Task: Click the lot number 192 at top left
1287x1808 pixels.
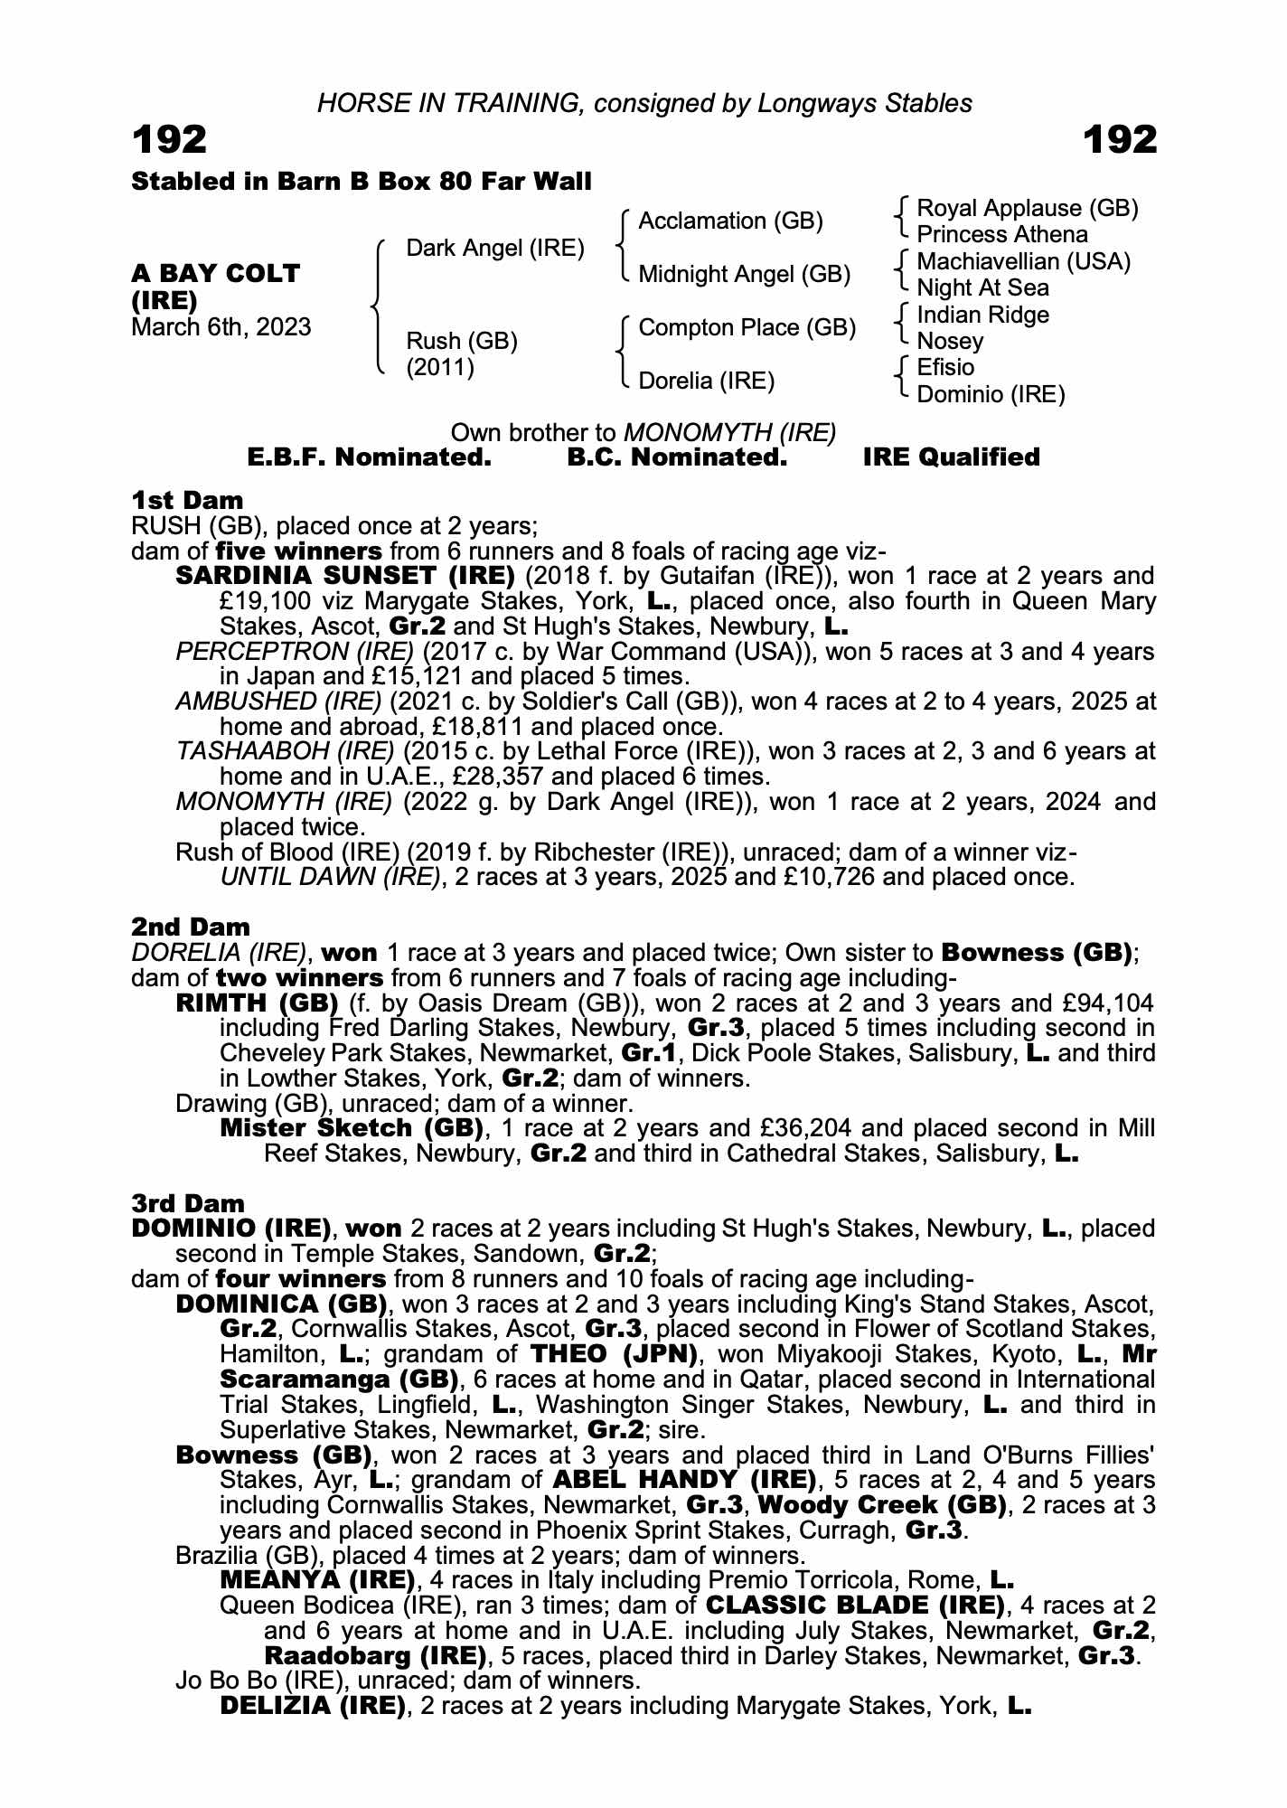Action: (170, 140)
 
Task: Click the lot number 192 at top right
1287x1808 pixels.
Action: (1119, 140)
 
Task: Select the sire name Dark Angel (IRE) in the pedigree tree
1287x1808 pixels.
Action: (494, 248)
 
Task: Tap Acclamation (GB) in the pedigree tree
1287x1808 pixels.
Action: (730, 221)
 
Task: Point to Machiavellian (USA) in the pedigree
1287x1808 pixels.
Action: (1023, 262)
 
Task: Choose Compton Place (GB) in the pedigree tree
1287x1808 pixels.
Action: (747, 327)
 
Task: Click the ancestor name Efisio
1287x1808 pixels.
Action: (945, 367)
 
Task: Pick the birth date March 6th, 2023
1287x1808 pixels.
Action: (221, 326)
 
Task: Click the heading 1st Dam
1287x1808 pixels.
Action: (187, 500)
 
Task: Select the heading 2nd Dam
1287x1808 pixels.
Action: (191, 927)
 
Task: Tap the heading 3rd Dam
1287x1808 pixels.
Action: (188, 1203)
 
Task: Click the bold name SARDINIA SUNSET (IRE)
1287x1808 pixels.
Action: (345, 576)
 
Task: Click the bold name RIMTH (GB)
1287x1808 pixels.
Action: (257, 1003)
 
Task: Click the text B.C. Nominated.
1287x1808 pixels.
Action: (677, 457)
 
